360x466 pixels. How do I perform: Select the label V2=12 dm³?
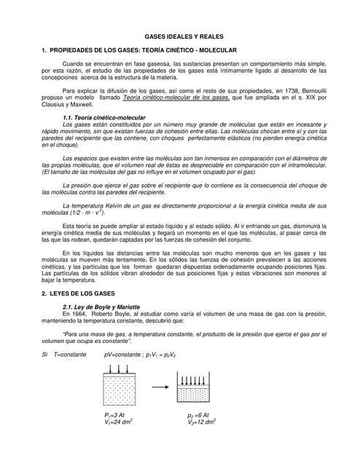(x=202, y=422)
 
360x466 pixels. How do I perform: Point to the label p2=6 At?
(x=198, y=414)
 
